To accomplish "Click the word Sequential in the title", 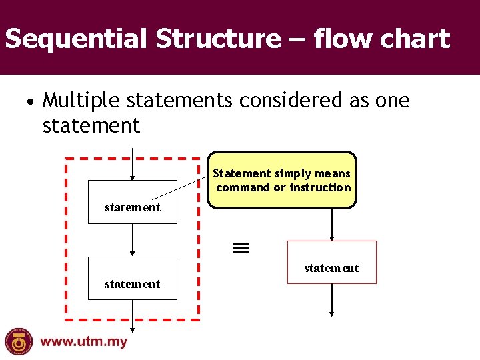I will (x=77, y=39).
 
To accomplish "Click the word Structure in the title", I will (x=219, y=39).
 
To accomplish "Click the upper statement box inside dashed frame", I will (x=133, y=202).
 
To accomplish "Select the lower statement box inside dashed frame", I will (x=133, y=279).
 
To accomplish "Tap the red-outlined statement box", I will (x=331, y=263).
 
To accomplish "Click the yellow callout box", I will (x=283, y=181).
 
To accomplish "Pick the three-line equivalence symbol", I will (x=241, y=249).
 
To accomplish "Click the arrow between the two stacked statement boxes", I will (x=133, y=240).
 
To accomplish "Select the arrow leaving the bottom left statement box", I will (x=133, y=315).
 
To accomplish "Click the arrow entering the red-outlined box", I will (x=331, y=225).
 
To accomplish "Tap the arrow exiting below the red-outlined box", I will (x=331, y=299).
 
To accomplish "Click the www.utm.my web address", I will (x=83, y=342).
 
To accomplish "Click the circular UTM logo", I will (x=19, y=342).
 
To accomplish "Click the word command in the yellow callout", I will (x=243, y=187).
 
